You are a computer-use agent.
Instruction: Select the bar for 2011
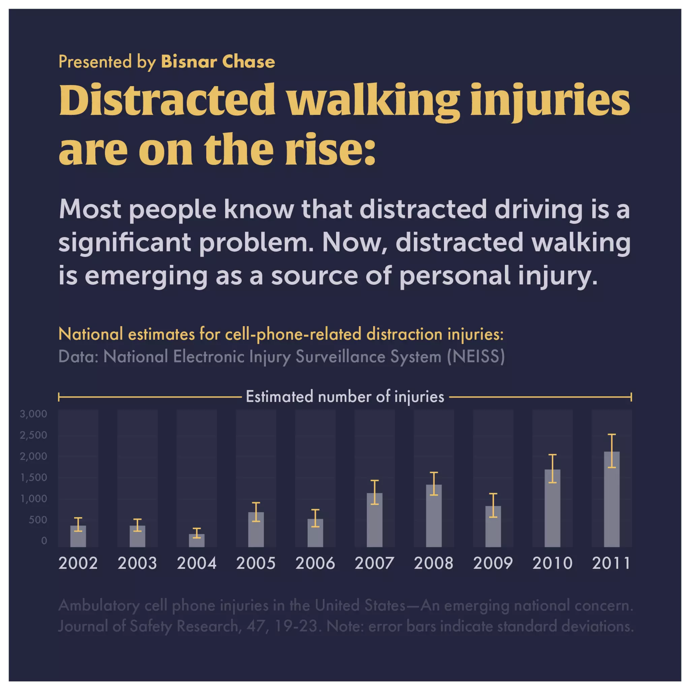[x=611, y=500]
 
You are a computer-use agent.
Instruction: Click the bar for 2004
[x=197, y=541]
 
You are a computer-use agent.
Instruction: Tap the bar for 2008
[x=434, y=516]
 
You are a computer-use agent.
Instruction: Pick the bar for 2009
[x=493, y=527]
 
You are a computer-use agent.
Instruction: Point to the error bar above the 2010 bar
[x=552, y=469]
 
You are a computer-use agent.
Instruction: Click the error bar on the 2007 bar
[x=374, y=492]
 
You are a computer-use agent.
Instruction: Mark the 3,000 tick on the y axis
[x=34, y=414]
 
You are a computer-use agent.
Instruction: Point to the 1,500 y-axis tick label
[x=34, y=477]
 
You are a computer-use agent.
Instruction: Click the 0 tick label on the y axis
[x=44, y=541]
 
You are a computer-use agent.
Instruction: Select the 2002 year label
[x=78, y=564]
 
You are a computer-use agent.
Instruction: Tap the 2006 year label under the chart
[x=315, y=564]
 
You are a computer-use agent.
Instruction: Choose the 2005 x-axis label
[x=256, y=564]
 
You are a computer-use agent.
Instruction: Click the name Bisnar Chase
[x=218, y=61]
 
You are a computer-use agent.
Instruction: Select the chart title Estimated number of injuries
[x=345, y=397]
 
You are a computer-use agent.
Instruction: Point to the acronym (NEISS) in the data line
[x=476, y=356]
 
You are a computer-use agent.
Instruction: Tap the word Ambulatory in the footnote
[x=99, y=605]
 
